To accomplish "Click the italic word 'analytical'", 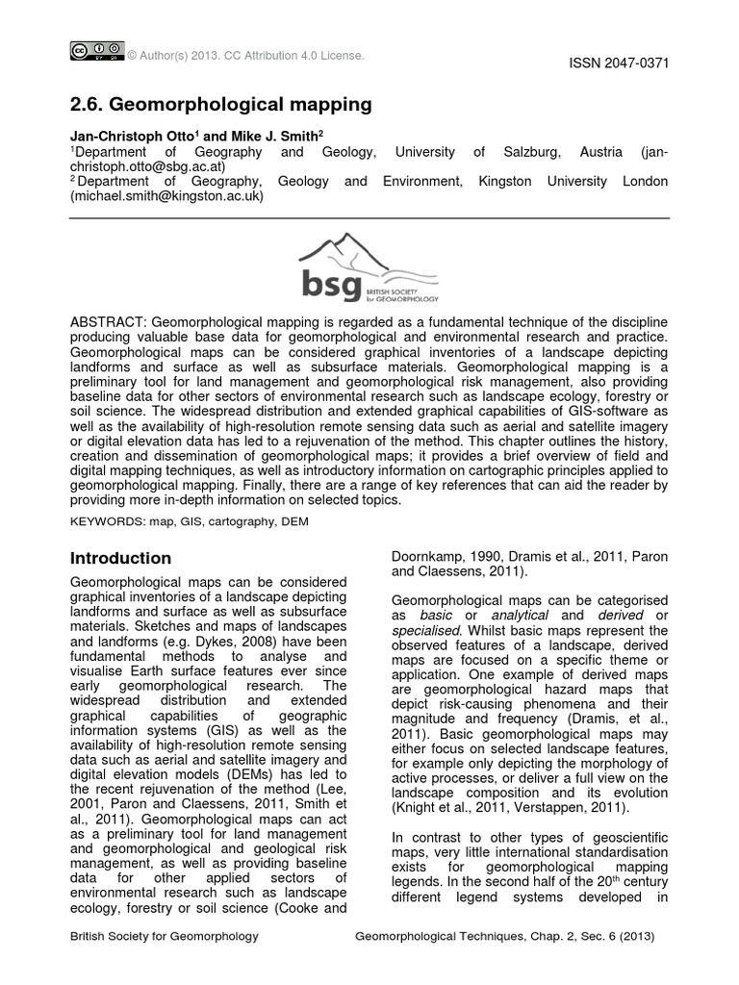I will (520, 615).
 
